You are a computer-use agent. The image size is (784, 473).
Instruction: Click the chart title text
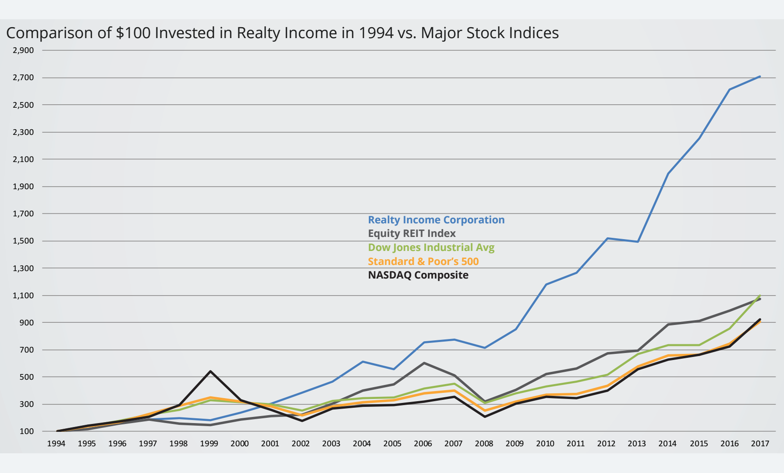point(282,33)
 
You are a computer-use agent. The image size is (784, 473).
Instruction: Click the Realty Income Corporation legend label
point(436,220)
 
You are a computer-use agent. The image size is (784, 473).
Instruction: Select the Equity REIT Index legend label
point(412,233)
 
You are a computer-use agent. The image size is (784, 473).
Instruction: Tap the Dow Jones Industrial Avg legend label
point(431,247)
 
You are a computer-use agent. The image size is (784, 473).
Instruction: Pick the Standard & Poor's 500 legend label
point(423,261)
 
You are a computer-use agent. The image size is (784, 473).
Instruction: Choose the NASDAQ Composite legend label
point(418,275)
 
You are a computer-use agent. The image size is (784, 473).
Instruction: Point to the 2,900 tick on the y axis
point(23,50)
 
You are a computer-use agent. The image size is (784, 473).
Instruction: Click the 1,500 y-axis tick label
point(23,241)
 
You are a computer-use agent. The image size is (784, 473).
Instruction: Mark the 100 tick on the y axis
point(26,431)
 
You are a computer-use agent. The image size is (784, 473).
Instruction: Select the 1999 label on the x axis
point(209,444)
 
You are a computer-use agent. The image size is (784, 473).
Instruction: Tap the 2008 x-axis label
point(484,444)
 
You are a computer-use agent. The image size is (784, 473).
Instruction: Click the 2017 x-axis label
point(759,444)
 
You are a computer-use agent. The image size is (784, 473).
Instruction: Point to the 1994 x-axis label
point(56,444)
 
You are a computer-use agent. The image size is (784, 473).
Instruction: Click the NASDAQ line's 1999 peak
point(211,371)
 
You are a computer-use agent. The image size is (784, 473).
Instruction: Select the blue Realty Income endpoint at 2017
point(759,77)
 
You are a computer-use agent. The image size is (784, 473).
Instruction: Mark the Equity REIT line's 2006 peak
point(424,363)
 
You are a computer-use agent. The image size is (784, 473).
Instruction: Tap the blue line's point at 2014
point(668,173)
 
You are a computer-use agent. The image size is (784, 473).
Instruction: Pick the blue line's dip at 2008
point(484,348)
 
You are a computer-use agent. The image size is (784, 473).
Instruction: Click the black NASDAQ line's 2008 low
point(485,417)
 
